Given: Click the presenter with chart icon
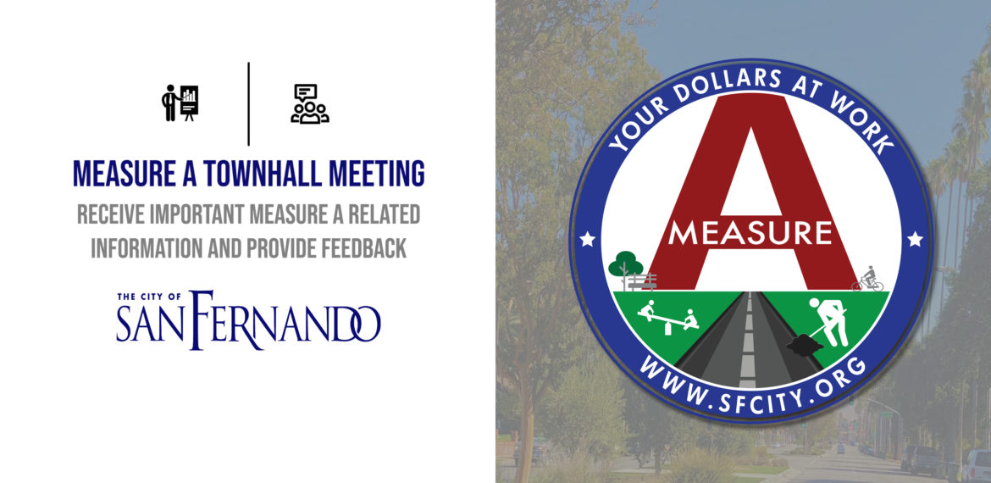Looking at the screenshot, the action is (180, 103).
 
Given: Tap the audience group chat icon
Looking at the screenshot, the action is (310, 103).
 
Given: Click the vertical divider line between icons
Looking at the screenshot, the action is (248, 103).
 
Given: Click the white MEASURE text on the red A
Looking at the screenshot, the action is (750, 233).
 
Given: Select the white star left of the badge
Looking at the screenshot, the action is (588, 239).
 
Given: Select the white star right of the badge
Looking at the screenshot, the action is (915, 239).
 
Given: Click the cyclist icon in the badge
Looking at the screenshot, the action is (867, 280).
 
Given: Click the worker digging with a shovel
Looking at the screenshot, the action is (828, 321).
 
